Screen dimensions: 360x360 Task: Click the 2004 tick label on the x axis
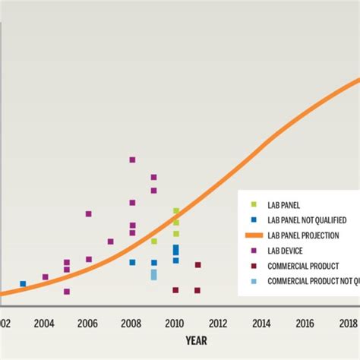(44, 322)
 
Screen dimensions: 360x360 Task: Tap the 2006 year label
(88, 322)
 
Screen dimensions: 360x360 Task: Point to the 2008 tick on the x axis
(131, 322)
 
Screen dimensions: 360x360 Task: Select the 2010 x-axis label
(175, 322)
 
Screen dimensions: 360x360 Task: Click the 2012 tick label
(219, 322)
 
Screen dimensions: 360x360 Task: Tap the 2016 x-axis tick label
(306, 322)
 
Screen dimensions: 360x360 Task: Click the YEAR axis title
(196, 341)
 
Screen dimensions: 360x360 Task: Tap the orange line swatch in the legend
(253, 235)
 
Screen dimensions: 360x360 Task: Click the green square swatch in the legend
(253, 204)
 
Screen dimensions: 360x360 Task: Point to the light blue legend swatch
(253, 282)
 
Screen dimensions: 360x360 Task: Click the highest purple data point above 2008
(132, 159)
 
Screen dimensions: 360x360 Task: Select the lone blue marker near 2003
(23, 284)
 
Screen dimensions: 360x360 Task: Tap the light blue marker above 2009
(153, 274)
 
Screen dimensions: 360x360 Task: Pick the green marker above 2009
(153, 242)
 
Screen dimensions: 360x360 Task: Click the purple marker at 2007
(110, 242)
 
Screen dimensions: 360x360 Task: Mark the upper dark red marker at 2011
(197, 265)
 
